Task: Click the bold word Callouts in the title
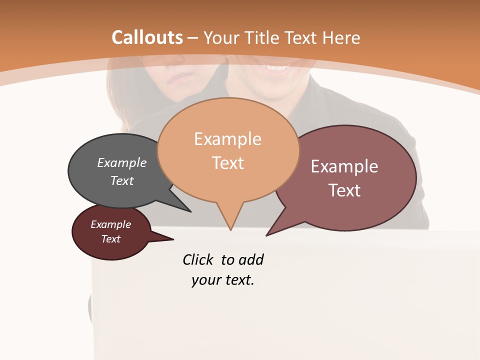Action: pyautogui.click(x=147, y=37)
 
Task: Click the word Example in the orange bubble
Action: pyautogui.click(x=227, y=139)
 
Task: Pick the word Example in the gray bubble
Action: pyautogui.click(x=122, y=162)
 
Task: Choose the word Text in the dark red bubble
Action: pyautogui.click(x=111, y=239)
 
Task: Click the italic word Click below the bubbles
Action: pyautogui.click(x=197, y=259)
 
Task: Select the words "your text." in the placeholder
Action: pyautogui.click(x=223, y=280)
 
